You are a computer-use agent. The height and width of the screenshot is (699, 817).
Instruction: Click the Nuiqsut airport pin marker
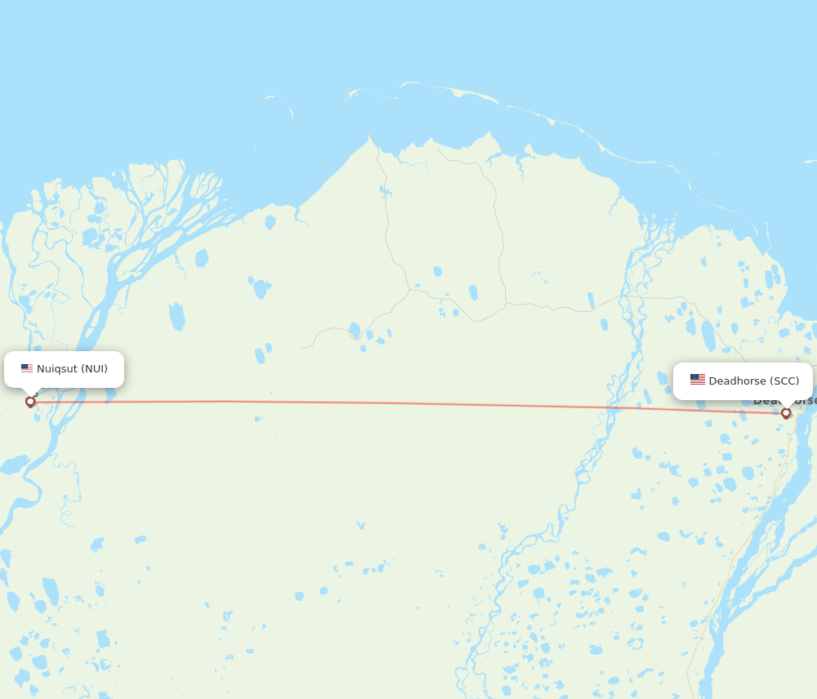[x=30, y=401]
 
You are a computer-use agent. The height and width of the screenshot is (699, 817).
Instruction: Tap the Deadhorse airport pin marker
[x=786, y=413]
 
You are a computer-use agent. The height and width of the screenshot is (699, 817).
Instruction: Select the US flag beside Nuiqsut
[x=27, y=368]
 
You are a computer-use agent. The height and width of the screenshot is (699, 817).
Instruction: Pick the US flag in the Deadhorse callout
[x=697, y=380]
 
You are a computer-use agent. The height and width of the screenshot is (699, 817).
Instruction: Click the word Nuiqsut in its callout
[x=57, y=369]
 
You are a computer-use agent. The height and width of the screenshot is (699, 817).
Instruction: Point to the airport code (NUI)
[x=94, y=369]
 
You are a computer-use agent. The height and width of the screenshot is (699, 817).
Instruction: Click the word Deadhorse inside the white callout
[x=737, y=381]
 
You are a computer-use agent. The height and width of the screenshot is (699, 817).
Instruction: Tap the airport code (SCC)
[x=784, y=381]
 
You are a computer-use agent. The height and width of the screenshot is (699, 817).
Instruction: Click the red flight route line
[x=408, y=403]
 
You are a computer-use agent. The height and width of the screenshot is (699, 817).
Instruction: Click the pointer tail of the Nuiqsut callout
[x=30, y=391]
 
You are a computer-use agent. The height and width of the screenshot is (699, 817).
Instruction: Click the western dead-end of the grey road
[x=301, y=347]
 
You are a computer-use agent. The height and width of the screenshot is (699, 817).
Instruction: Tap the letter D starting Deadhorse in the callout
[x=712, y=381]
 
